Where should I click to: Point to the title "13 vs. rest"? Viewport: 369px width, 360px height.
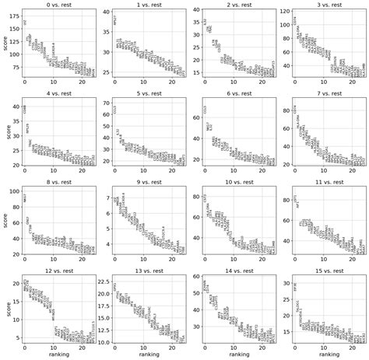pos(148,274)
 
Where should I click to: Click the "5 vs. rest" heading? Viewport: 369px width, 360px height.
pos(148,95)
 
